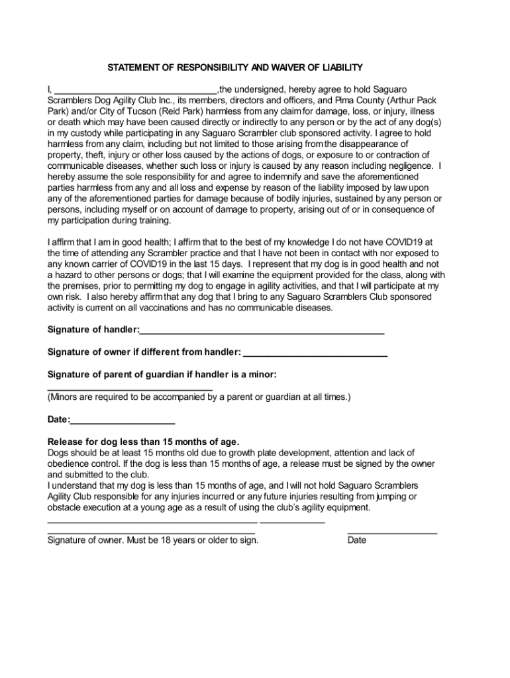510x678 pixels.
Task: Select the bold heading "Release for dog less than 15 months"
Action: coord(143,442)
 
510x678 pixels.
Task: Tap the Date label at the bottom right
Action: coord(356,540)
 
